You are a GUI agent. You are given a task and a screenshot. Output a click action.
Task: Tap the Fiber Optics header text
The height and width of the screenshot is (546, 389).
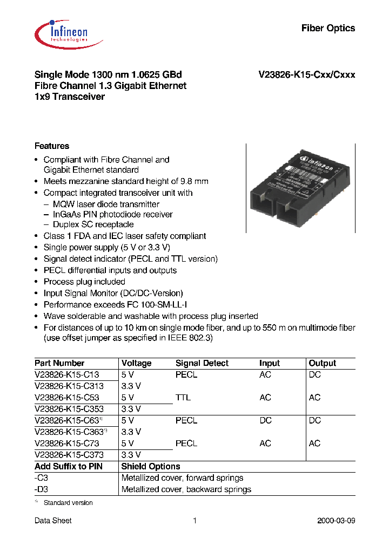click(x=328, y=28)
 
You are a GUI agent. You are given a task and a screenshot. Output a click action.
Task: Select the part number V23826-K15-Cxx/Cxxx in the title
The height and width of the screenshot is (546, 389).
click(x=306, y=75)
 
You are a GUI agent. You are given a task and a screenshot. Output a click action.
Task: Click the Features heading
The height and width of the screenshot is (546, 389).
click(x=52, y=146)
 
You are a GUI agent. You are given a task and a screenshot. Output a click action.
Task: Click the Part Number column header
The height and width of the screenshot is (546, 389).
click(x=59, y=364)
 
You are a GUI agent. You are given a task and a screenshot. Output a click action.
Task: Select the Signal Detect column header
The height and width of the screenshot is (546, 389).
click(x=202, y=364)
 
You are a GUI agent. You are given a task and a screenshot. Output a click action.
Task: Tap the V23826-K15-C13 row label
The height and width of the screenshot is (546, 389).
click(x=66, y=375)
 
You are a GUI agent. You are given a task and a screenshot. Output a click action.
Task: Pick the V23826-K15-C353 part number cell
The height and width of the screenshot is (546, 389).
click(x=69, y=409)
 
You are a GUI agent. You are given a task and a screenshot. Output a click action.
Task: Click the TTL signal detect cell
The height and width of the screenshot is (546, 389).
click(x=183, y=398)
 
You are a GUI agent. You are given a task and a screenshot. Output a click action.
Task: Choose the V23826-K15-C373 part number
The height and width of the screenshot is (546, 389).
click(x=69, y=455)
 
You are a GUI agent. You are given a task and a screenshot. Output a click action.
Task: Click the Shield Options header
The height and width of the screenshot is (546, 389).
click(x=151, y=467)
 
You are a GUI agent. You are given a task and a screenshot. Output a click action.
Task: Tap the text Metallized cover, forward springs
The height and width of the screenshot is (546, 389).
click(x=182, y=478)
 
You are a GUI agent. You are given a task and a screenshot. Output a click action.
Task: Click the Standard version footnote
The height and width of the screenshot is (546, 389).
click(x=68, y=503)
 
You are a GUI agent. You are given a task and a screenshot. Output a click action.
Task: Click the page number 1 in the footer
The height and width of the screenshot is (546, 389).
click(x=194, y=521)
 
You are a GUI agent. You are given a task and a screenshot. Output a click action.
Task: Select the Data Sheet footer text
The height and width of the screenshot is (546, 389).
click(x=53, y=521)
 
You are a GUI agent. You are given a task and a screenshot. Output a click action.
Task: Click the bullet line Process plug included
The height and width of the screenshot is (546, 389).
click(x=84, y=282)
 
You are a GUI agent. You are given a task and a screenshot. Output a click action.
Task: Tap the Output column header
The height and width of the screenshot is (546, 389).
click(x=322, y=364)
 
